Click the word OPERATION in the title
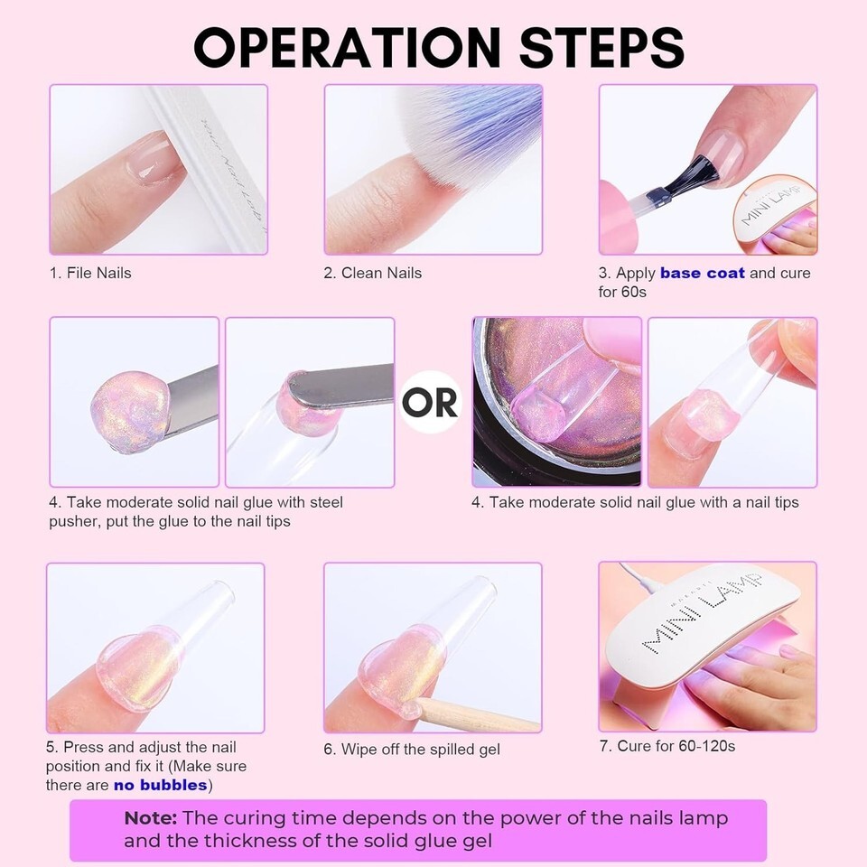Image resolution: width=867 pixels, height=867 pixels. coord(347,48)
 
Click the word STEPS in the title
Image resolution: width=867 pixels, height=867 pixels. coord(602,48)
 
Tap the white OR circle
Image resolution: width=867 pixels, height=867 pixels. coord(430,402)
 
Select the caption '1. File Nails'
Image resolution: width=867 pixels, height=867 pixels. coord(90,273)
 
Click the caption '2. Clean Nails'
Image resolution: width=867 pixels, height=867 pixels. coord(373,273)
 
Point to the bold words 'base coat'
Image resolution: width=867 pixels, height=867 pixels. coord(703,273)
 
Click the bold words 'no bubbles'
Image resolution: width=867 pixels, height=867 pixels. coord(161,785)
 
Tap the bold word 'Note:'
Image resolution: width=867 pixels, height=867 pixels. coord(151,818)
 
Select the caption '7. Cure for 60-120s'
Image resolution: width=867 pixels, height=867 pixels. coord(667,747)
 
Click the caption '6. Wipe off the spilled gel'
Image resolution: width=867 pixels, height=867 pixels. coord(412,750)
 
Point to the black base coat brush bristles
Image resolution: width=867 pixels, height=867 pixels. coord(695,176)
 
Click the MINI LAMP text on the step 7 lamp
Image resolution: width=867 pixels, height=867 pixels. coord(703,614)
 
